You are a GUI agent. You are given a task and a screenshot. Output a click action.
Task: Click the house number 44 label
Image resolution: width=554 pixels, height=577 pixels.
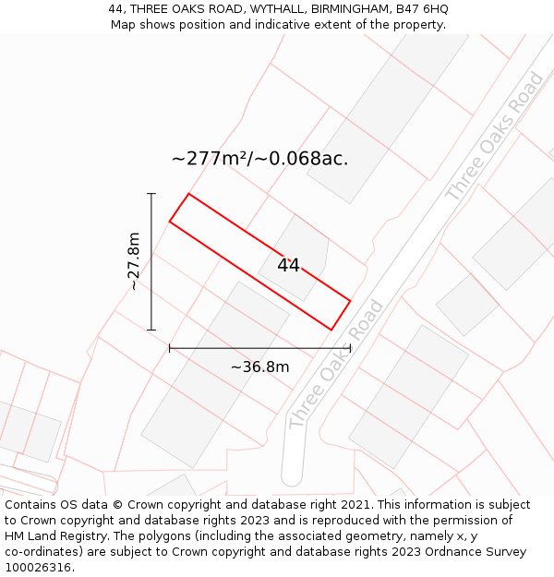[288, 265]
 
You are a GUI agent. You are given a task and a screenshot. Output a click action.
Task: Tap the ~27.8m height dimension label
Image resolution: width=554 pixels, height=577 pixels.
[134, 261]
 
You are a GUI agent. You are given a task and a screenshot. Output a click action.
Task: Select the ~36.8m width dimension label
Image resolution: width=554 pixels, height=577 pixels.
[259, 367]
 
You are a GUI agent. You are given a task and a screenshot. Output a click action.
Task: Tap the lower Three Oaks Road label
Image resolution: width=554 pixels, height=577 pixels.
[336, 364]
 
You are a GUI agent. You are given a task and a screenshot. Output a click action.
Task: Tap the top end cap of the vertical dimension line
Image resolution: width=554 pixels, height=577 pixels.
[151, 194]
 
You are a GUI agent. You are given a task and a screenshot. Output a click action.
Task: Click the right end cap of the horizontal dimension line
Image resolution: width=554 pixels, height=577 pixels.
[350, 348]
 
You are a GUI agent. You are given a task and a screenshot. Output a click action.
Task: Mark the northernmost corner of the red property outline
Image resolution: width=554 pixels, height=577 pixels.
[188, 194]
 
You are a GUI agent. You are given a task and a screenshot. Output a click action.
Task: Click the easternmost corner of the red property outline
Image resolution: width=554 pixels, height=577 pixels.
[350, 300]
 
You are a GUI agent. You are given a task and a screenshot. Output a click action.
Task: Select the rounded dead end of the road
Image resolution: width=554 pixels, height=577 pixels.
[292, 475]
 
